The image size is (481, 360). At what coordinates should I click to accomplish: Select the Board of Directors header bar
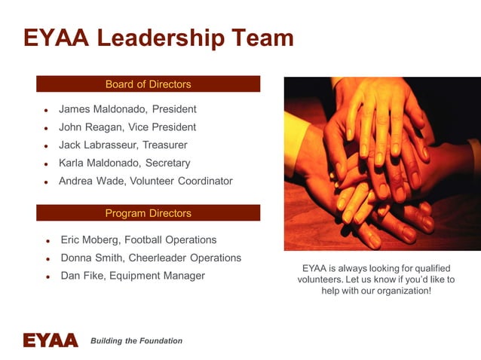click(x=148, y=84)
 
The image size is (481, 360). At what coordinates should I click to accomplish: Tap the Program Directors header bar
click(x=148, y=213)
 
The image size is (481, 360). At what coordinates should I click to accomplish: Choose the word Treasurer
click(x=165, y=145)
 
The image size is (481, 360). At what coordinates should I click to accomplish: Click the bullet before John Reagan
click(x=47, y=128)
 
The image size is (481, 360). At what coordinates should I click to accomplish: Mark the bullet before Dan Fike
click(x=47, y=277)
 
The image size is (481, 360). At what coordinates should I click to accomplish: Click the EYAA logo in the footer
click(x=50, y=340)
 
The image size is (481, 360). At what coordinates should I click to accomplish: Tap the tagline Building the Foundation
click(x=136, y=341)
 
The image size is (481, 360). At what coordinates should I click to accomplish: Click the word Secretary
click(x=167, y=163)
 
